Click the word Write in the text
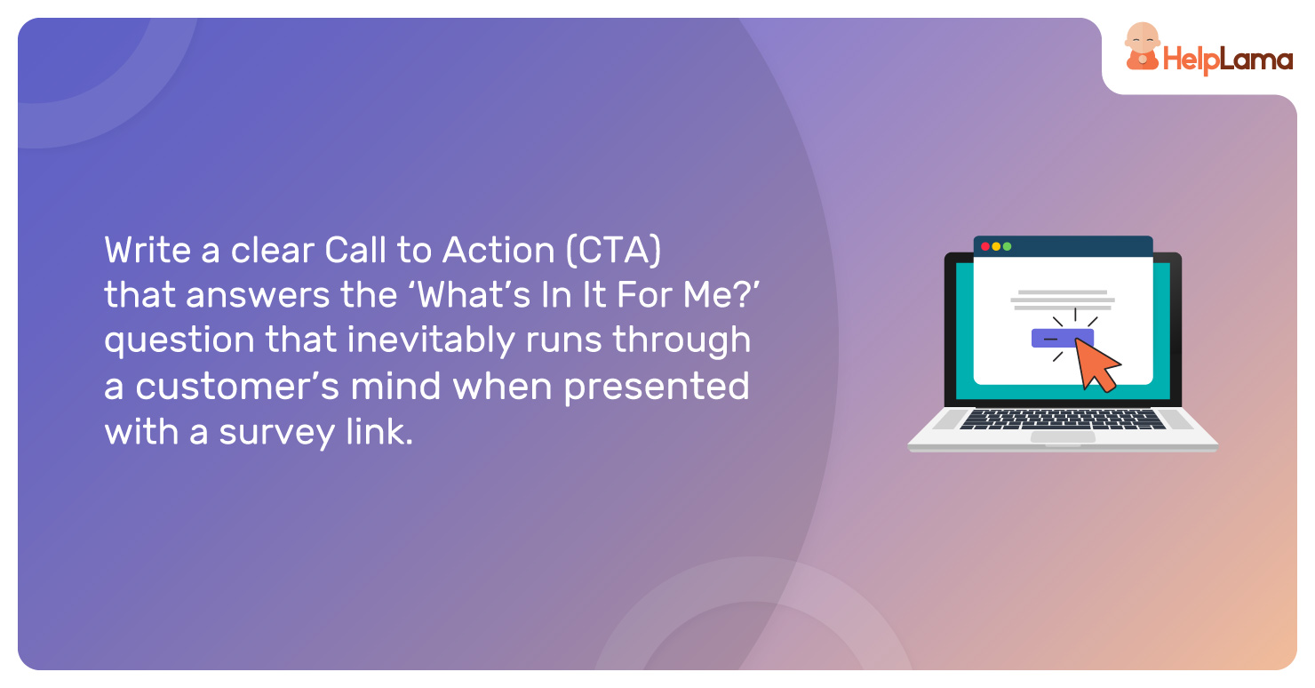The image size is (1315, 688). (x=147, y=250)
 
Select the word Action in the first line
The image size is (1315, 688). (x=498, y=250)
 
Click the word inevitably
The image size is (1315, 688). (x=431, y=340)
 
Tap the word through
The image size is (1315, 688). (x=681, y=340)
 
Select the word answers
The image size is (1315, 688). (x=258, y=295)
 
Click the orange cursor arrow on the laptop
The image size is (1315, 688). (x=1096, y=364)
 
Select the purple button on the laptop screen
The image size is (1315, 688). (x=1062, y=339)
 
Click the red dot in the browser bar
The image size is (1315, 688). (x=985, y=246)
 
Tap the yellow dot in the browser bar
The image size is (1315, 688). (x=996, y=246)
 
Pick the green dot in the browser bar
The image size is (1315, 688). (x=1008, y=246)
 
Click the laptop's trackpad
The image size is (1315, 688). (x=1063, y=437)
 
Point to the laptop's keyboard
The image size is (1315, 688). (x=1063, y=420)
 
